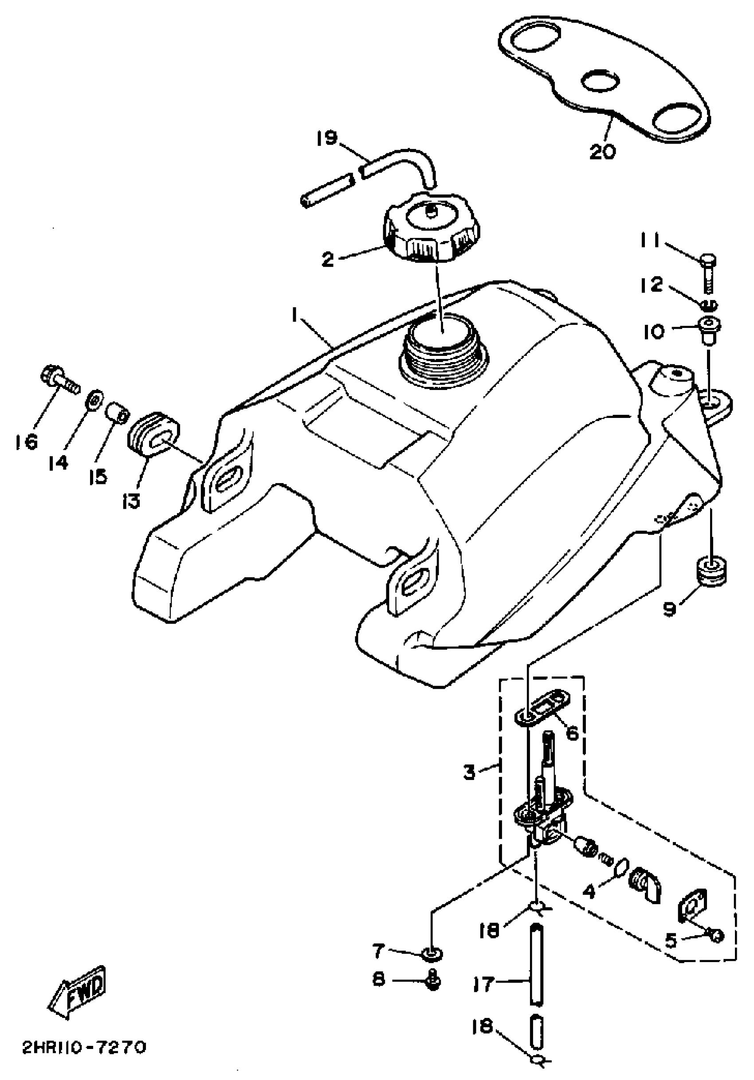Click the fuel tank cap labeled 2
click(x=432, y=229)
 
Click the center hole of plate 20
click(x=599, y=81)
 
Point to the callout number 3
click(x=469, y=772)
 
